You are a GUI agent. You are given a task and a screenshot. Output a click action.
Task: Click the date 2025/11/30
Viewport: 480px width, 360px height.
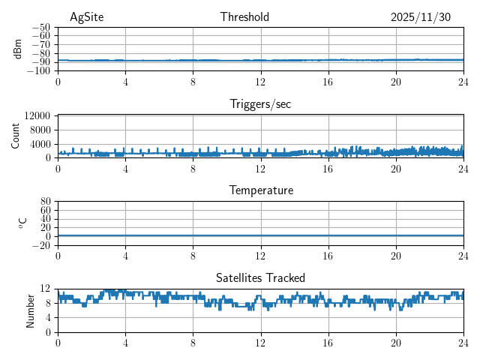click(x=421, y=17)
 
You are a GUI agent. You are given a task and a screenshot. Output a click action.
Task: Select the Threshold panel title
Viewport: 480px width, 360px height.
click(x=244, y=17)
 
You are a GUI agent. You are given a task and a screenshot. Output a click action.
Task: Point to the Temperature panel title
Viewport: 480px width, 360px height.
click(x=260, y=190)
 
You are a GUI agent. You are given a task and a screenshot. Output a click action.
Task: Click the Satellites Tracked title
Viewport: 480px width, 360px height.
click(x=260, y=277)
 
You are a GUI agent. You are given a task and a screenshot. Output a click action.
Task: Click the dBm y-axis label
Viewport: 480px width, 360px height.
click(x=19, y=49)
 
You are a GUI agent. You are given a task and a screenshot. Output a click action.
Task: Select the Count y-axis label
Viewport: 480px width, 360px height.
click(x=16, y=136)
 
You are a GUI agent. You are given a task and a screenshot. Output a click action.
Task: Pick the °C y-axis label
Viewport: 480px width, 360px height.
click(x=22, y=223)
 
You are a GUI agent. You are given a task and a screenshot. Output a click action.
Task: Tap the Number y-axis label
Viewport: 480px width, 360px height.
click(x=31, y=310)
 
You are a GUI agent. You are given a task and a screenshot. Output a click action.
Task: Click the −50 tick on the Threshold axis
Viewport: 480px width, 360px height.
click(x=40, y=27)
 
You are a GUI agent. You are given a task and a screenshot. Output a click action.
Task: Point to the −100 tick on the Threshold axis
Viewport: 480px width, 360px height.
click(x=38, y=71)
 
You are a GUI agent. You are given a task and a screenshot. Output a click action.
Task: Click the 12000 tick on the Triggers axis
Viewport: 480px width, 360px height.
click(x=37, y=115)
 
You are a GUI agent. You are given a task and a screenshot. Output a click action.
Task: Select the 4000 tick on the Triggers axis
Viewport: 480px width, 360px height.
click(x=40, y=144)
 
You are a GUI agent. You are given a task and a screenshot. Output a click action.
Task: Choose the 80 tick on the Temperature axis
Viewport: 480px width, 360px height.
click(x=45, y=202)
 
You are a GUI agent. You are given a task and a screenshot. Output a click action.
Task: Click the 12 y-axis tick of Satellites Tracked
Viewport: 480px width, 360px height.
click(x=45, y=289)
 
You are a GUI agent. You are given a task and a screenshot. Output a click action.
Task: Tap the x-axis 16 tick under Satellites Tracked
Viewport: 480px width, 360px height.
click(x=328, y=343)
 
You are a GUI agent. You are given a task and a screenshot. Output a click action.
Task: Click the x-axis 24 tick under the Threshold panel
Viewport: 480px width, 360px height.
click(x=463, y=82)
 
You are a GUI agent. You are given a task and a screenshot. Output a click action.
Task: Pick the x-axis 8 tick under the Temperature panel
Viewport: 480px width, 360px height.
click(x=193, y=256)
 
